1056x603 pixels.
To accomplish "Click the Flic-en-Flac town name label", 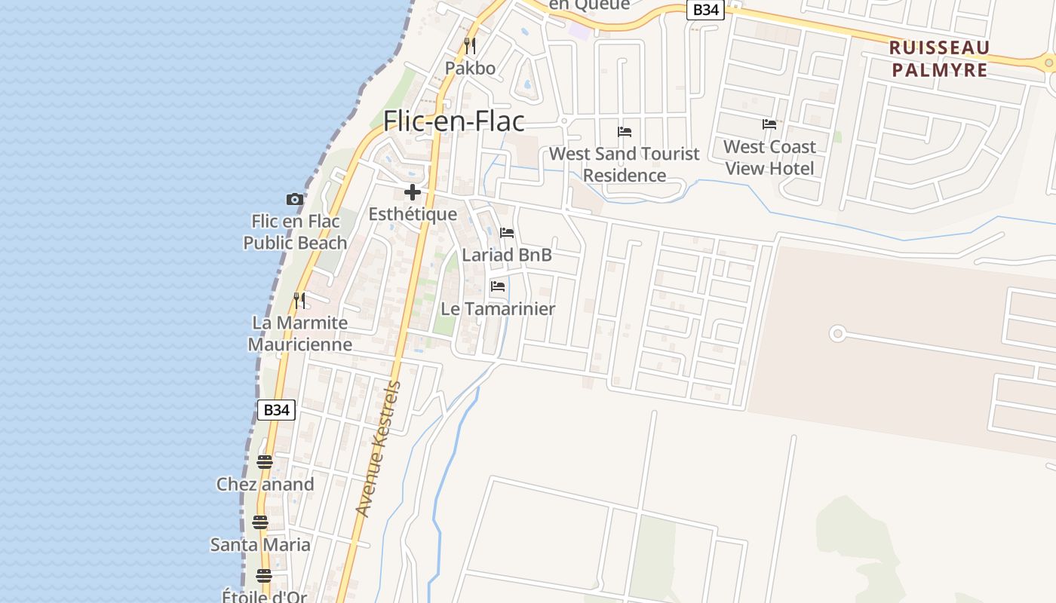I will (453, 121).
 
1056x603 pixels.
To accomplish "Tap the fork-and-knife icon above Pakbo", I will (470, 46).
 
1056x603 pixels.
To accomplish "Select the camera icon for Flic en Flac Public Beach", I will (295, 200).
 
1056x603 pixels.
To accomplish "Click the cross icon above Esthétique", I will (413, 191).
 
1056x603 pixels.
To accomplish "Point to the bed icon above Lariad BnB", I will (507, 233).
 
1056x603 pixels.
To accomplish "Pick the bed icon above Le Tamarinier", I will (498, 286).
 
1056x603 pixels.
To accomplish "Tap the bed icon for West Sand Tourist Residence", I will (625, 132).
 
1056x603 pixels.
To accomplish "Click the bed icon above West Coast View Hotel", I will (769, 124).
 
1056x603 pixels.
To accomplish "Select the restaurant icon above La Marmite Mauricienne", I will (300, 301).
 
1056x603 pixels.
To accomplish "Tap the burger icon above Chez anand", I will (264, 461).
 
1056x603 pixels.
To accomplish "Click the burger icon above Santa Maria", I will (260, 522).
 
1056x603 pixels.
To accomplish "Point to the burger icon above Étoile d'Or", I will (263, 576).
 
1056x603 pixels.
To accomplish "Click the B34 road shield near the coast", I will (276, 410).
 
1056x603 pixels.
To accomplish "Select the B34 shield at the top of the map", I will (705, 9).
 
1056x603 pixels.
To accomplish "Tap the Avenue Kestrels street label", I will (379, 449).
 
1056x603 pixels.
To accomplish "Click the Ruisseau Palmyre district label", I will (939, 59).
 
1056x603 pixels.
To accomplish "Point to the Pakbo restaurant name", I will (470, 69).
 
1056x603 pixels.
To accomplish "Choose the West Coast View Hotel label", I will (769, 158).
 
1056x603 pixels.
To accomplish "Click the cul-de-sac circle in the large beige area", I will (837, 333).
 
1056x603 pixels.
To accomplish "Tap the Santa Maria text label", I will (260, 544).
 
